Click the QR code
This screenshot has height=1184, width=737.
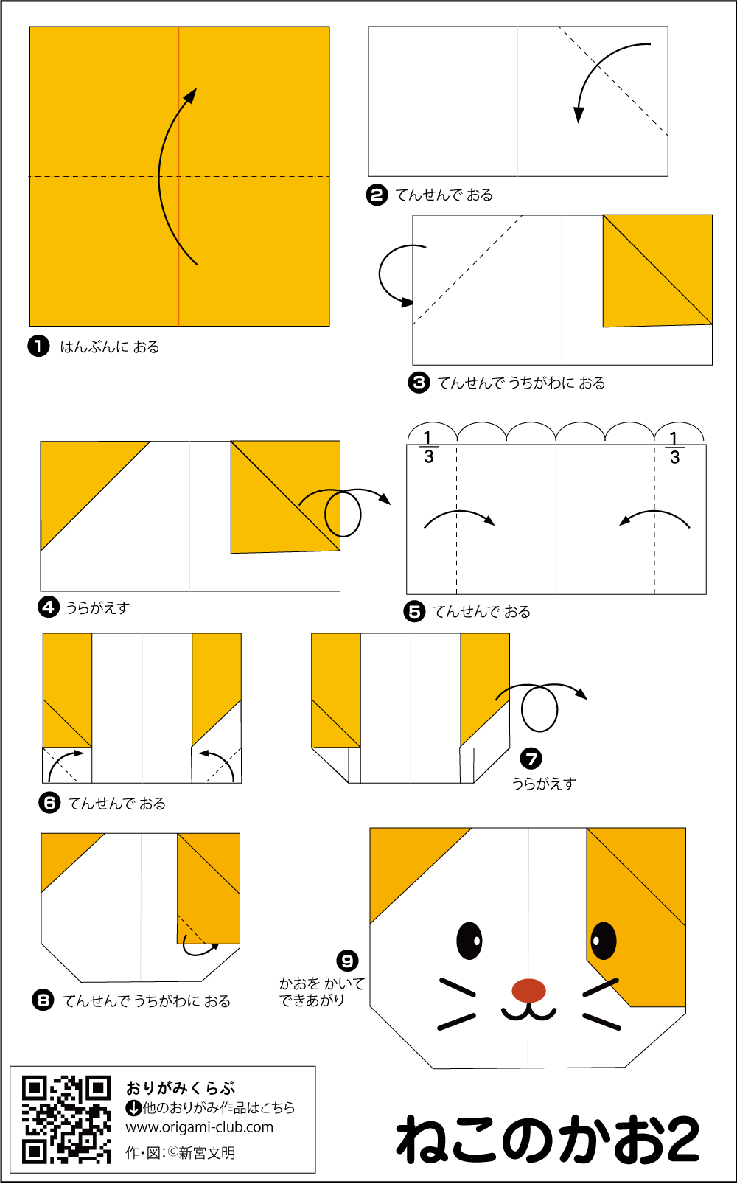pyautogui.click(x=66, y=1119)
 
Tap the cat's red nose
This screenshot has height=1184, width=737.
pyautogui.click(x=528, y=990)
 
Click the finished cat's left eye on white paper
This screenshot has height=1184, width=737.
pyautogui.click(x=469, y=940)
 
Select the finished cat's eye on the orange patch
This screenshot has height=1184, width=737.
pyautogui.click(x=603, y=940)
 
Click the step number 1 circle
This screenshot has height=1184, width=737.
pyautogui.click(x=38, y=346)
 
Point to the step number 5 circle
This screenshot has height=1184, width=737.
pyautogui.click(x=415, y=611)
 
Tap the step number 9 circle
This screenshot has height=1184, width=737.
pyautogui.click(x=347, y=961)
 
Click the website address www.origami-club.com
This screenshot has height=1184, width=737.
pyautogui.click(x=199, y=1127)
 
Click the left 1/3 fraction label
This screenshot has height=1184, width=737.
pyautogui.click(x=428, y=448)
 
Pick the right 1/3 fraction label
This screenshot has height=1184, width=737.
pyautogui.click(x=674, y=448)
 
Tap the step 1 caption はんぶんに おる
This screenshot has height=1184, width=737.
pyautogui.click(x=109, y=347)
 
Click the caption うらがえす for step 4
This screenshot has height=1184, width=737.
pyautogui.click(x=97, y=608)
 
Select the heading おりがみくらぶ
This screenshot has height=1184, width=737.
pyautogui.click(x=181, y=1088)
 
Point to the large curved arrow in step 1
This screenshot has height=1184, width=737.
pyautogui.click(x=171, y=177)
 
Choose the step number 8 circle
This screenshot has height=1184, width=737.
pyautogui.click(x=43, y=1000)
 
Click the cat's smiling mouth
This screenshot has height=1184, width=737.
pyautogui.click(x=528, y=1012)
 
